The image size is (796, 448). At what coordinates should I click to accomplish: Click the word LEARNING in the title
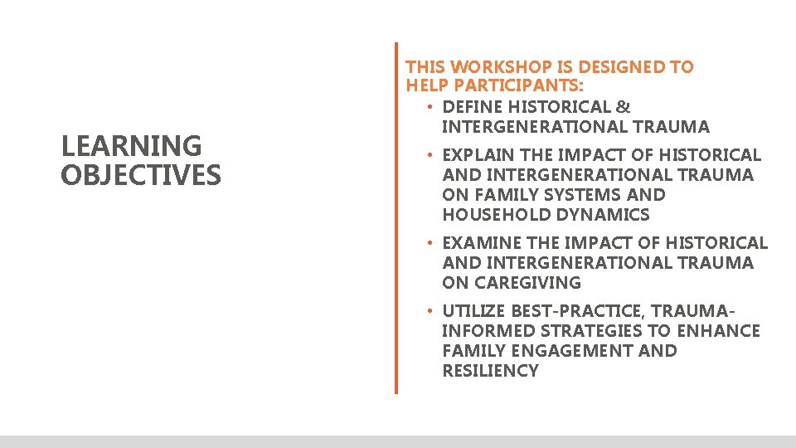(131, 146)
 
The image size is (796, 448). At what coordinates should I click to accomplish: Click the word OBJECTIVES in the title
(141, 175)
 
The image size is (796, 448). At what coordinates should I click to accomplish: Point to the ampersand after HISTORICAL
(624, 107)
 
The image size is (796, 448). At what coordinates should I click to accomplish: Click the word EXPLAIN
(478, 155)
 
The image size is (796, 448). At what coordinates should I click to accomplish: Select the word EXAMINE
(480, 243)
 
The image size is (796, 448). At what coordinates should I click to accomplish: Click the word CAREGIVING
(524, 283)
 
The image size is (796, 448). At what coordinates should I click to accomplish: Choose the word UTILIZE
(473, 311)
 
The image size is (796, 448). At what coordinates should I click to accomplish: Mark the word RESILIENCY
(490, 371)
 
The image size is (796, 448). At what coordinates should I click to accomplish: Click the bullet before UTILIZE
(430, 311)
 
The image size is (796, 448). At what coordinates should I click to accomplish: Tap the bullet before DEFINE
(430, 107)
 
